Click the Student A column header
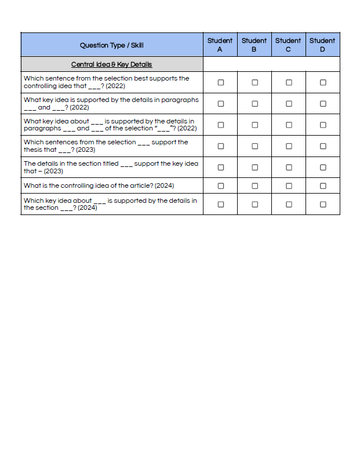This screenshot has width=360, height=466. click(x=220, y=45)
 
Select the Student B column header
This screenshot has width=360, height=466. click(x=254, y=45)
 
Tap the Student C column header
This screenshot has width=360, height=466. click(x=288, y=45)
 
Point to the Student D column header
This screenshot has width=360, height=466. click(x=322, y=45)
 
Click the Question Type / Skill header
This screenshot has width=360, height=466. click(x=112, y=45)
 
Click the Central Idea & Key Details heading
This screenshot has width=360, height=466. click(x=112, y=64)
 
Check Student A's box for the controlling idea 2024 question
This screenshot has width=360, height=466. click(x=220, y=186)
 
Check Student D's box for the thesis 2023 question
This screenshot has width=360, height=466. click(x=323, y=146)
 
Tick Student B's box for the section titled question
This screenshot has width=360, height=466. click(x=254, y=168)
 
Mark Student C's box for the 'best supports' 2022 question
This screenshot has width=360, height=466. click(x=289, y=82)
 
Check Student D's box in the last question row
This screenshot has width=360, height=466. click(x=323, y=205)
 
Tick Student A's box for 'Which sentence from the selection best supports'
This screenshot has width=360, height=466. click(x=220, y=82)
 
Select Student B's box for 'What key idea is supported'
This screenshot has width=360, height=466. click(x=254, y=104)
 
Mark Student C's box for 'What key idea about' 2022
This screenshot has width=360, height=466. click(x=289, y=125)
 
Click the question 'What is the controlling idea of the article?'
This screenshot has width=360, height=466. click(x=99, y=186)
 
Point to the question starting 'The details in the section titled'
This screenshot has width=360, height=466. click(x=111, y=168)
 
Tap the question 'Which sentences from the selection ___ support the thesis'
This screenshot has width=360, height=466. click(x=106, y=146)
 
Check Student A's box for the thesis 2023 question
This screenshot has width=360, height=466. click(x=220, y=146)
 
